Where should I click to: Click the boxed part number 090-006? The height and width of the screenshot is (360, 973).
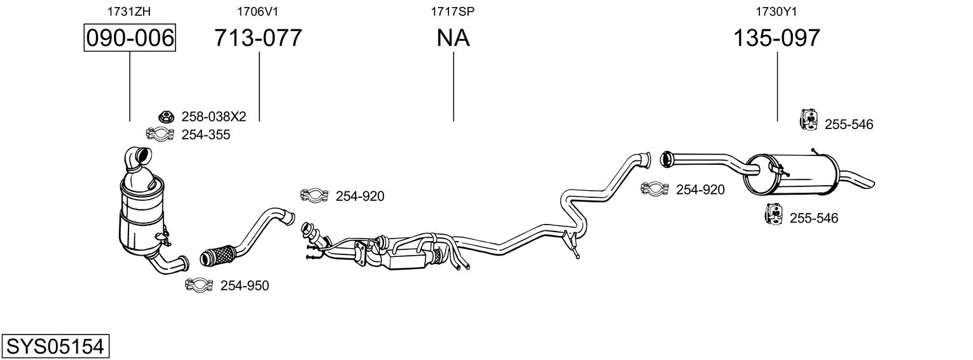(x=130, y=38)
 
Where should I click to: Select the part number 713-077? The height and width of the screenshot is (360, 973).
(x=258, y=38)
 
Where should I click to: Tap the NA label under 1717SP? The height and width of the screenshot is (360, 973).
(x=453, y=38)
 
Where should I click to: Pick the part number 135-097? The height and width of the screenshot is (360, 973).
(x=776, y=38)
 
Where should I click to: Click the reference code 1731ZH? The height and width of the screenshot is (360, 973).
(x=130, y=11)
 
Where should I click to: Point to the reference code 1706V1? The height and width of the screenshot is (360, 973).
(x=258, y=11)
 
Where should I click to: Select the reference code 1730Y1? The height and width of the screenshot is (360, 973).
(x=776, y=11)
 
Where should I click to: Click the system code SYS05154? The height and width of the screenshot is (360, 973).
(x=55, y=347)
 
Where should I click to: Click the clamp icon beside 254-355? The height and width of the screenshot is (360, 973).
(x=160, y=134)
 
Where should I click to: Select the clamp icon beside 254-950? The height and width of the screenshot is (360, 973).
(x=198, y=286)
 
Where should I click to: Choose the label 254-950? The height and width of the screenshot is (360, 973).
(x=244, y=286)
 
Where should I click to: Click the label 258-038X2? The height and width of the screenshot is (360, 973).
(x=214, y=116)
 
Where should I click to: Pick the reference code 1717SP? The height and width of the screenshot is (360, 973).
(x=453, y=11)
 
